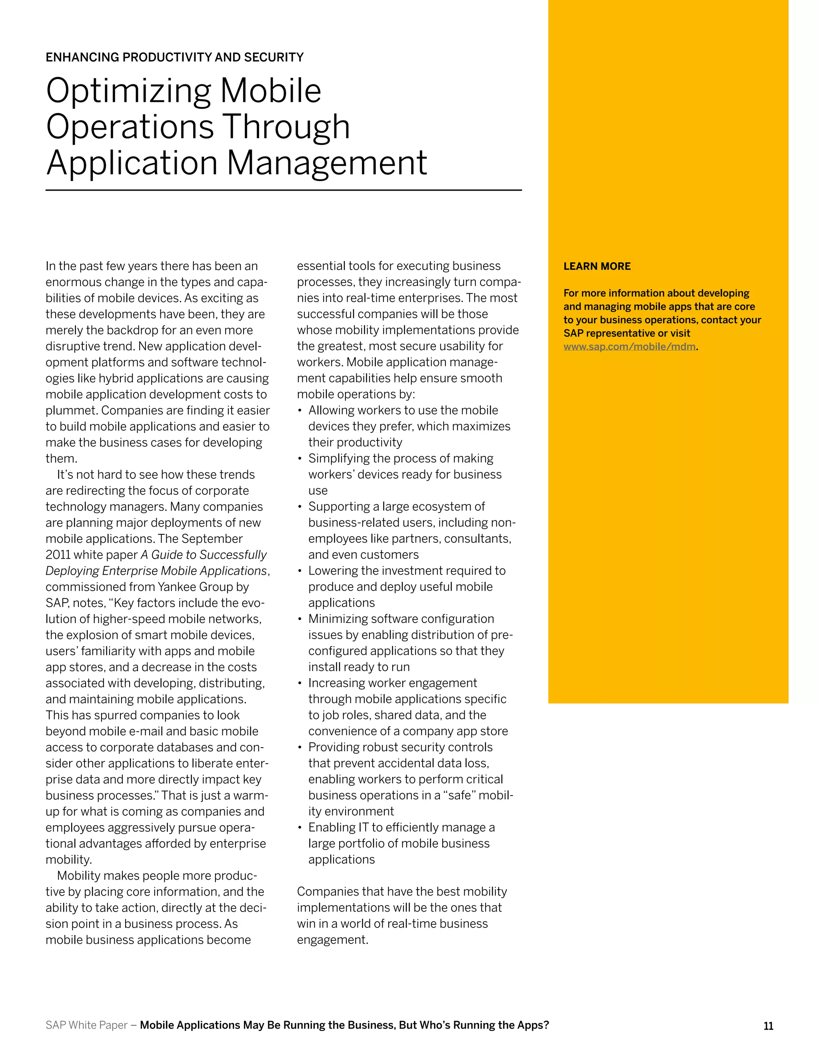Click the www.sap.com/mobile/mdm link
[x=629, y=347]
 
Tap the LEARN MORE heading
[x=597, y=266]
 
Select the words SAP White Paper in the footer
[x=86, y=1025]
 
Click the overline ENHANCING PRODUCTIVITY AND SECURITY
[x=174, y=57]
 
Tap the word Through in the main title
[x=286, y=127]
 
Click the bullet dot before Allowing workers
[x=300, y=411]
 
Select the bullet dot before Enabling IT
[x=300, y=828]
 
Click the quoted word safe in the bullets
[x=459, y=795]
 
